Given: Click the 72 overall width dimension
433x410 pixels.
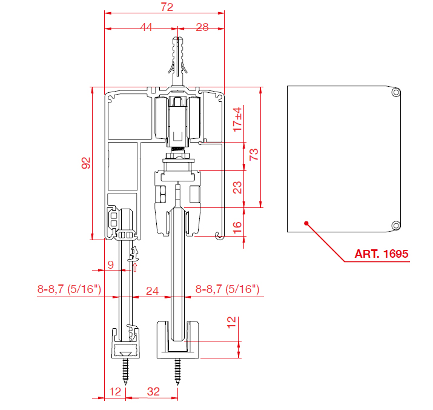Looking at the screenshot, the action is (167, 7).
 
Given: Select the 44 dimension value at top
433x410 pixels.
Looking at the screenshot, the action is (146, 27).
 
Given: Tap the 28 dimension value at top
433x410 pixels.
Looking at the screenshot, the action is (202, 27).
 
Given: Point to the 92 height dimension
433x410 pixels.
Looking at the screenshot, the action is (86, 163).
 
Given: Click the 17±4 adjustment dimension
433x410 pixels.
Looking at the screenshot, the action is (237, 119).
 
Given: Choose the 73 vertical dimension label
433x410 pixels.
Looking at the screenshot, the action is (254, 155).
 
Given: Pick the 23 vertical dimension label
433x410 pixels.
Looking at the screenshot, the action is (237, 187).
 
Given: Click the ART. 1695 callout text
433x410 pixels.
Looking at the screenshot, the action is (382, 254).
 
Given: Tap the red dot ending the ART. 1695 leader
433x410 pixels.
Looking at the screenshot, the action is (306, 223).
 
